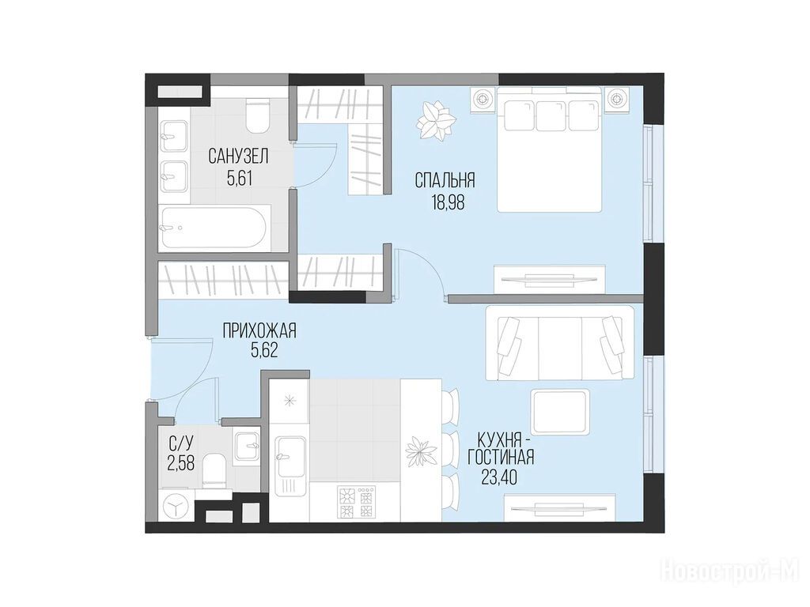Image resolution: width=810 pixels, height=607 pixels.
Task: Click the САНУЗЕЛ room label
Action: [x=239, y=156]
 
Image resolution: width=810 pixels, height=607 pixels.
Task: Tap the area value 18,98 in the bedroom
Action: [x=448, y=202]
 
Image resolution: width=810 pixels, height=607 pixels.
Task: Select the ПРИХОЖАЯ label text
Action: [x=259, y=330]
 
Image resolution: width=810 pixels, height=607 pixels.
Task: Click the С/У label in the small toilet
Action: [x=181, y=442]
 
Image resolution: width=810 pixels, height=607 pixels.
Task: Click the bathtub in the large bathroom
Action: [x=214, y=228]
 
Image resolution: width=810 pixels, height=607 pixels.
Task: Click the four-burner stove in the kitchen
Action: [x=356, y=502]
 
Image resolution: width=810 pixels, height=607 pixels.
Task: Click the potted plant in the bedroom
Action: [x=437, y=121]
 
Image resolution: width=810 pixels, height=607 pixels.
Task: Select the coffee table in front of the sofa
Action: [x=561, y=412]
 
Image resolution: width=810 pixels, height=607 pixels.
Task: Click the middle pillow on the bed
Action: [x=551, y=115]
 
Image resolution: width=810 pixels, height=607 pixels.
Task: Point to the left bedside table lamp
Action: [x=483, y=98]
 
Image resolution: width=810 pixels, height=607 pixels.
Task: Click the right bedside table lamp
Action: [x=616, y=98]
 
